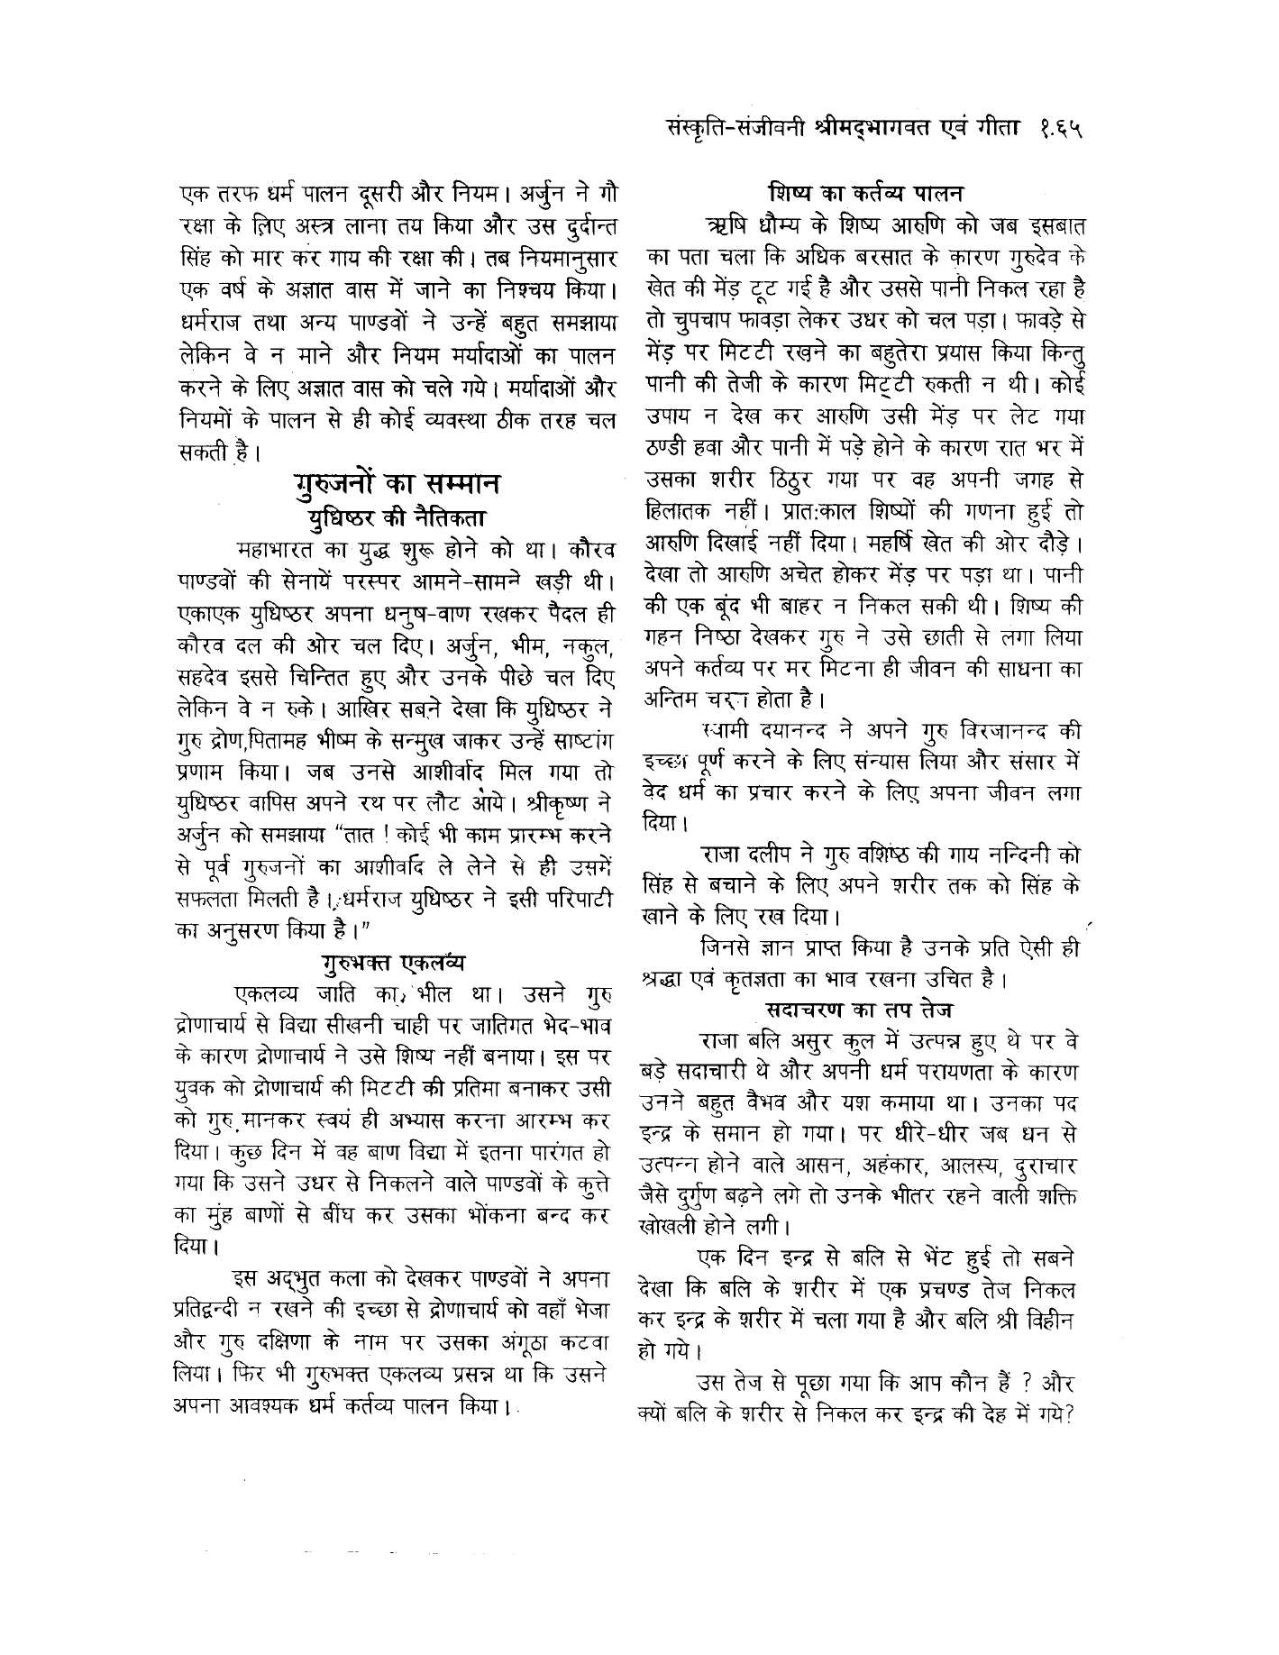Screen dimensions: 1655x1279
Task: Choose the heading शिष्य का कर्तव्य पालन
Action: pos(866,192)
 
